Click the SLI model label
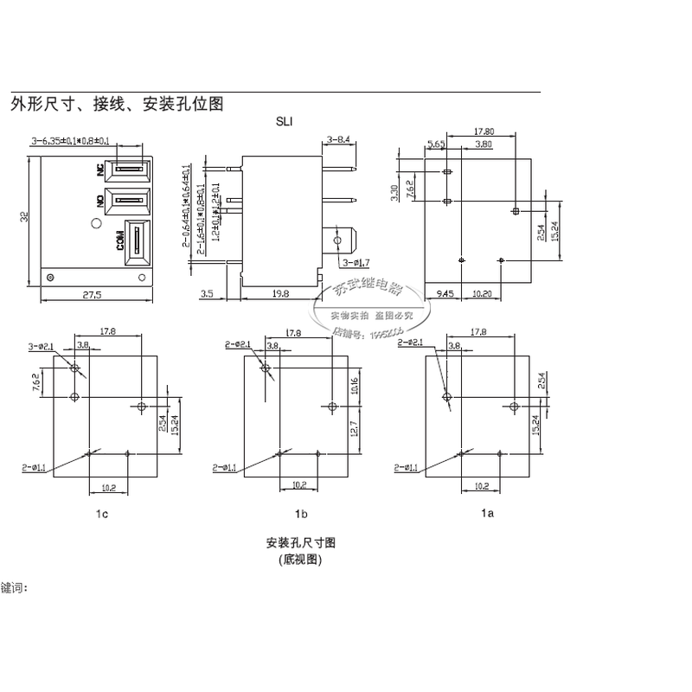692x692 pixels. tap(283, 123)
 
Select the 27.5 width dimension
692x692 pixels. tap(92, 295)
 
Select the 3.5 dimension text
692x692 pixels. tap(207, 295)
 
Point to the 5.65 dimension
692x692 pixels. tap(435, 144)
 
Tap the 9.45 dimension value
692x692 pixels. tap(445, 294)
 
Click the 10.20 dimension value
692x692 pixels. tap(482, 294)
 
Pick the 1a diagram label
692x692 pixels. tap(487, 514)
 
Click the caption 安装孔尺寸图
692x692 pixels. tap(299, 543)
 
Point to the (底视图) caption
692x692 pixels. tap(299, 560)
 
